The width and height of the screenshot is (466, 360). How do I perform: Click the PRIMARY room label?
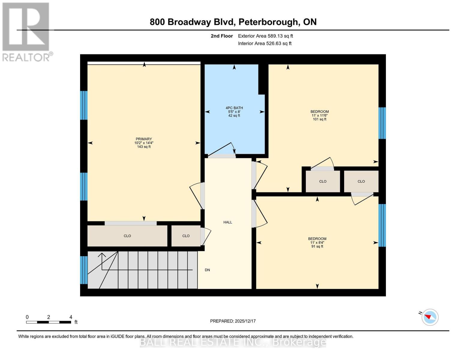[144, 139]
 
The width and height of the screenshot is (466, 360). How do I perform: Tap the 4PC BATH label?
[234, 108]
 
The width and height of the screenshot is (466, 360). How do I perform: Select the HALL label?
[228, 222]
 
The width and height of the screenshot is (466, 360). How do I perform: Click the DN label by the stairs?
[207, 270]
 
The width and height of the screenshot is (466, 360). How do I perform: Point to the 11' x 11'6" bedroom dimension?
[319, 115]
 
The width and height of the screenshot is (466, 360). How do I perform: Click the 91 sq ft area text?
[317, 247]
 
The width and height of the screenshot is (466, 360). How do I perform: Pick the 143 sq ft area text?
[144, 147]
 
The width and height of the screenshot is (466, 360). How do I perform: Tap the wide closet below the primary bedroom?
[127, 236]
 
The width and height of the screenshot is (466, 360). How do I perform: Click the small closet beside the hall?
[186, 236]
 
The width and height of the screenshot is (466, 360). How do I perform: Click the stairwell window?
[84, 270]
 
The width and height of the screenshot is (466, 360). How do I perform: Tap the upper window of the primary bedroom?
[84, 105]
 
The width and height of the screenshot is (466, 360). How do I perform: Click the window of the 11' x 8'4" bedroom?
[382, 225]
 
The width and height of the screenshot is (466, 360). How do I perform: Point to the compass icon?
[430, 317]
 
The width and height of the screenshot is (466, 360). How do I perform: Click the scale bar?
[49, 322]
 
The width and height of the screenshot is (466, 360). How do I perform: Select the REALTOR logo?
[26, 31]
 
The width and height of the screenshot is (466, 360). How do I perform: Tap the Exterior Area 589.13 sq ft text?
[265, 36]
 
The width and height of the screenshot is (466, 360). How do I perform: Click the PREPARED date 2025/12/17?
[245, 321]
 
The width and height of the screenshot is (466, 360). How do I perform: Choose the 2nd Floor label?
[222, 36]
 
